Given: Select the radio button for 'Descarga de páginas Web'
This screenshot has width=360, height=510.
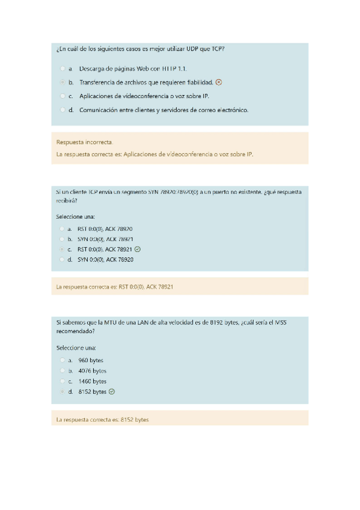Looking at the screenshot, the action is [62, 69].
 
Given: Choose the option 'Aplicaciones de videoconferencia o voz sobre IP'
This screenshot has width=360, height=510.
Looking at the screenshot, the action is [62, 96].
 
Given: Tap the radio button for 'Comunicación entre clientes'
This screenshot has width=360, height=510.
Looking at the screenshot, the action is [62, 110].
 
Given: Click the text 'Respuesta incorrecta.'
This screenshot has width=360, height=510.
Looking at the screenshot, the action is [84, 143].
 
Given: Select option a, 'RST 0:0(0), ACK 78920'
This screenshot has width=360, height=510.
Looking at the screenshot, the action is [62, 229].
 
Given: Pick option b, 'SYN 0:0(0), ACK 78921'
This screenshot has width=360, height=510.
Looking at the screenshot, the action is [62, 239].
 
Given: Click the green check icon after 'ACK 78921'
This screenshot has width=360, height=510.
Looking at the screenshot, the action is [138, 249].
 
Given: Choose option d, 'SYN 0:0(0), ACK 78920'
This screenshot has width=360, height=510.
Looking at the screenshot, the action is [62, 259].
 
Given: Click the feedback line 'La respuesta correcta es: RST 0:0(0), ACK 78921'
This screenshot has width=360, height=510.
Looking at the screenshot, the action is [114, 287].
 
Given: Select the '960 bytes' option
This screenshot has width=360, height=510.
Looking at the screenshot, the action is [62, 360].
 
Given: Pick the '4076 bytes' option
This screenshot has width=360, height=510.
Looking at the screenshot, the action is [62, 370].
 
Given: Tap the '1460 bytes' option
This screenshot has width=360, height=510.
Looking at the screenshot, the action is [62, 381].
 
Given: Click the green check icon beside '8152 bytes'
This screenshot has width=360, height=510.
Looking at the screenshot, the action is [112, 392].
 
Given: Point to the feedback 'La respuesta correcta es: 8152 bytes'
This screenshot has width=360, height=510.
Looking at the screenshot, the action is [102, 419].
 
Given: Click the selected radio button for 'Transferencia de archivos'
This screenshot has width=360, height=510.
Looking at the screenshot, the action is [62, 82].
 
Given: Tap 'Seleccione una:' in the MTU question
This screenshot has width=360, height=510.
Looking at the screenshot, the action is [76, 348].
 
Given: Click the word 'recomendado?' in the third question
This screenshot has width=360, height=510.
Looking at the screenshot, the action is [76, 331].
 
